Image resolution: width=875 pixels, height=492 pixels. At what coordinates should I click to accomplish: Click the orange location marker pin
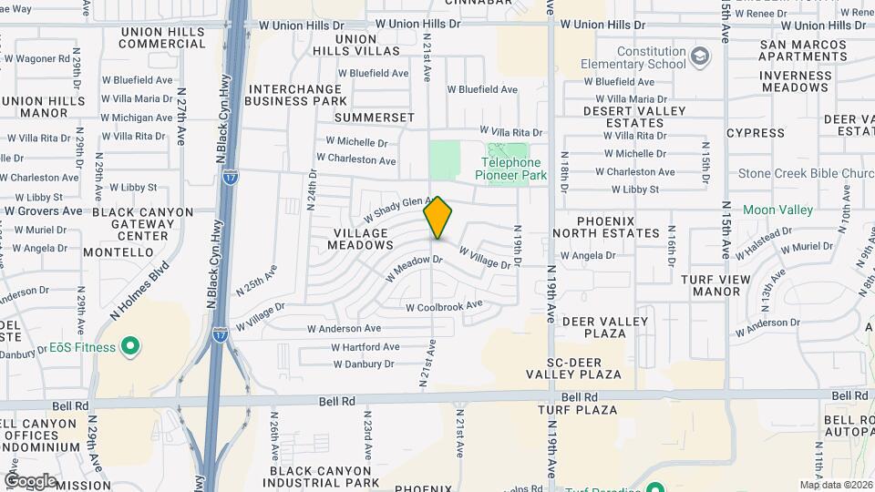(437, 217)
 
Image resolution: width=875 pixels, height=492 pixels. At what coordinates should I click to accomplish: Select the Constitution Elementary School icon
(699, 58)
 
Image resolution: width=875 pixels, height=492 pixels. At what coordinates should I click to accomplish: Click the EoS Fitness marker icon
(129, 347)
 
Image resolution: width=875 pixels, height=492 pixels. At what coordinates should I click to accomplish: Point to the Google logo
(29, 481)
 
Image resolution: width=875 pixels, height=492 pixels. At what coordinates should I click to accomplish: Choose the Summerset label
(374, 118)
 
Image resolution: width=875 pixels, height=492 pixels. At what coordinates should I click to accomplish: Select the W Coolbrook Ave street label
(444, 306)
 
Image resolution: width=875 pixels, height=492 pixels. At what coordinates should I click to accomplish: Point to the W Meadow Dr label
(415, 266)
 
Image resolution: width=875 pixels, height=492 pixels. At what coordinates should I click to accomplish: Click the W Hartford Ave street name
(365, 347)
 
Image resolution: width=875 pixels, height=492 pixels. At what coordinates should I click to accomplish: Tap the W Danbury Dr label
(363, 364)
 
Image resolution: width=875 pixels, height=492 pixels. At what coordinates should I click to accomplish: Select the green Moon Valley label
(777, 210)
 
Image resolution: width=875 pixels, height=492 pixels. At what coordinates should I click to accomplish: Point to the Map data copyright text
(836, 485)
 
